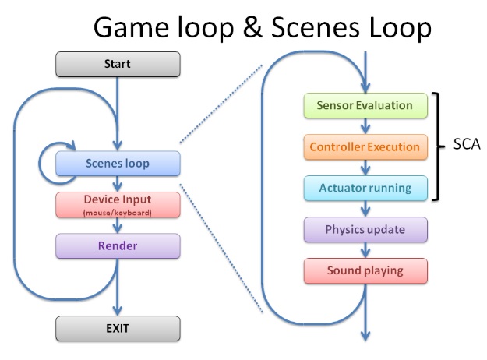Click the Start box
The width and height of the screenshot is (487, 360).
(117, 64)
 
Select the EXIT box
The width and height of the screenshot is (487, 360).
(117, 328)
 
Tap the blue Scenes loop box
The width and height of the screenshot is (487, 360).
(118, 164)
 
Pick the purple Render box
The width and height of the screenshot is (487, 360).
(118, 246)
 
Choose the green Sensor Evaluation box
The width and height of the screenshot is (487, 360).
(365, 105)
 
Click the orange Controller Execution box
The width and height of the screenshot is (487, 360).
(365, 146)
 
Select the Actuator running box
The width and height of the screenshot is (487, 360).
(365, 188)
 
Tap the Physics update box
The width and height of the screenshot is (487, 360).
(365, 230)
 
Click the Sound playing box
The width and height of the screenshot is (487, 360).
(365, 270)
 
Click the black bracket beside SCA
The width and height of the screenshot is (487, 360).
(440, 146)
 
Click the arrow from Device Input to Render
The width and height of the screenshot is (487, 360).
(118, 226)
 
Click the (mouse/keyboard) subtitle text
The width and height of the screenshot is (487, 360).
(118, 212)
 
